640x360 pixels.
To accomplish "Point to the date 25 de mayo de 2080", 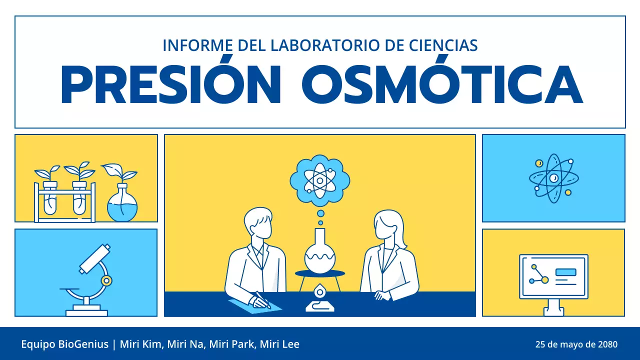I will click(x=576, y=344).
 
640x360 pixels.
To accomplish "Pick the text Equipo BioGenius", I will click(x=64, y=344).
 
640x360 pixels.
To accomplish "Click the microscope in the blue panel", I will click(x=90, y=280).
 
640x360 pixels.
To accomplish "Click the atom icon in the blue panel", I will click(x=553, y=178).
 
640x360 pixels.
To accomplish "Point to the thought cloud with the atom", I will click(x=320, y=179).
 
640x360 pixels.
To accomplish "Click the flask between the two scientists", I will click(x=320, y=252).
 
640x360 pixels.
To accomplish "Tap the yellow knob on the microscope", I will click(x=106, y=280).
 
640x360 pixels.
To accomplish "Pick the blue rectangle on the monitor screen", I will click(x=565, y=272).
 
